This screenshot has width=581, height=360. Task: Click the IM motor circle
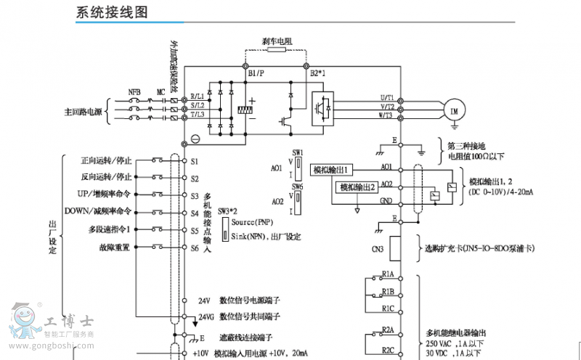455,110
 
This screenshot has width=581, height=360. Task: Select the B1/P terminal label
256,73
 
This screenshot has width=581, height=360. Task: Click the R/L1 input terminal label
197,97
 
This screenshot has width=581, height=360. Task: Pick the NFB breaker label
134,92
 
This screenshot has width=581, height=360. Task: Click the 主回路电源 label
84,112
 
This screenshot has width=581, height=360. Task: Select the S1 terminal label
195,160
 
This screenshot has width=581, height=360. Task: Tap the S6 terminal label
195,248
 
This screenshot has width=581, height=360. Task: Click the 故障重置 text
115,247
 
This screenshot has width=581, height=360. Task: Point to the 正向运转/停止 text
106,160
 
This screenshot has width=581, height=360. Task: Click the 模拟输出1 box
332,170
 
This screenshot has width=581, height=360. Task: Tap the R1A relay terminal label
388,274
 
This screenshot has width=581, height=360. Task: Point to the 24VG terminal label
207,317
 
